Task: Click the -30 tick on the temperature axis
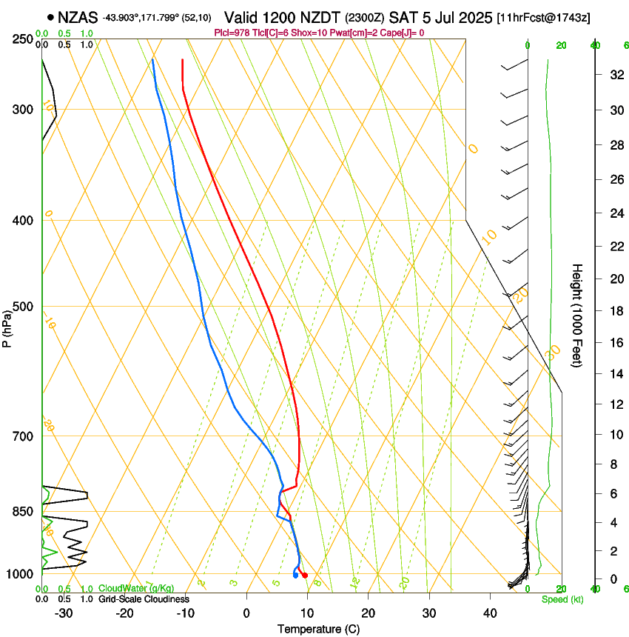(x=64, y=613)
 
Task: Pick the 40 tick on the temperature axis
(x=489, y=613)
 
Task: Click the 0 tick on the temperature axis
(x=246, y=613)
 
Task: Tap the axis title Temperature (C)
(x=318, y=629)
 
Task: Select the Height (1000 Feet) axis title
(x=578, y=315)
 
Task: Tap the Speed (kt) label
(x=562, y=599)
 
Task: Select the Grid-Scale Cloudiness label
(x=143, y=598)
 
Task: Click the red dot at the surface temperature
(x=305, y=576)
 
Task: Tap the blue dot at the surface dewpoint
(x=295, y=576)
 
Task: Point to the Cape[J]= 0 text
(x=400, y=33)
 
